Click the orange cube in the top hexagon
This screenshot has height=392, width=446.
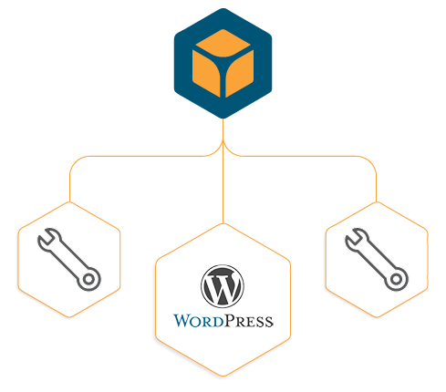tap(223, 63)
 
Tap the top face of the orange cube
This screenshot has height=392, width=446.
tap(223, 43)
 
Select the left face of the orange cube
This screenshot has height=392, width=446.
tap(207, 73)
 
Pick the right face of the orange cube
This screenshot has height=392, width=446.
tap(240, 73)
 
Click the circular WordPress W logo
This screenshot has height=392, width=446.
tap(223, 286)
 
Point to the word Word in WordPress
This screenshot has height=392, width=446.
tap(199, 321)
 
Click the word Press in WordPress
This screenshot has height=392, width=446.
tap(249, 321)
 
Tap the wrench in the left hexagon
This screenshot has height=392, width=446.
tap(69, 259)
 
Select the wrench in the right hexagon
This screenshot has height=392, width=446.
tap(377, 259)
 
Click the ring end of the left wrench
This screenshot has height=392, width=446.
tap(88, 279)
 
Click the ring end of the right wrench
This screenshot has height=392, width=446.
tap(396, 279)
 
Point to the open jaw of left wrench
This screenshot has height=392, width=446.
tap(48, 238)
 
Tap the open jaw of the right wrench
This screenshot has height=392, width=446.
tap(356, 238)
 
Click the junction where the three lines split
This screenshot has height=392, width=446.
tap(223, 141)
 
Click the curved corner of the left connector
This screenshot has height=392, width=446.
tap(76, 162)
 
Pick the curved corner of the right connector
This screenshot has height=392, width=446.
tap(370, 162)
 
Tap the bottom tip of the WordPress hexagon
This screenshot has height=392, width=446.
tap(223, 376)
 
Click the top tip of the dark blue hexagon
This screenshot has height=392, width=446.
tap(223, 9)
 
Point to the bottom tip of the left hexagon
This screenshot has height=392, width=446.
tap(69, 317)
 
